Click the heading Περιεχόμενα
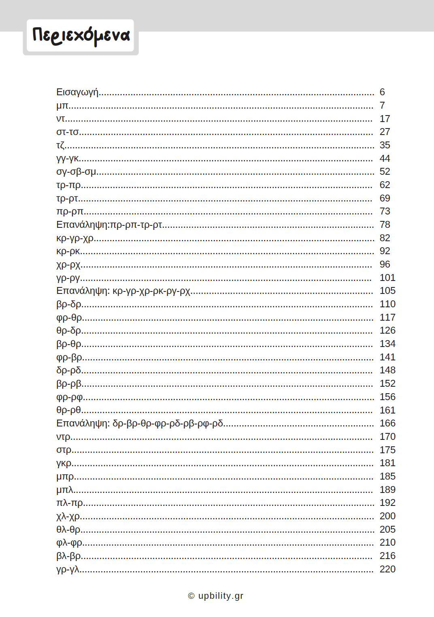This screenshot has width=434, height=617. point(81,36)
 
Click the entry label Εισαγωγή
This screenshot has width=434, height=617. point(77,92)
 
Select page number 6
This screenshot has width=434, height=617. point(382,92)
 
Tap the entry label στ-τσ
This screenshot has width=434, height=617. point(67,132)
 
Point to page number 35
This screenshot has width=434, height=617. point(385,145)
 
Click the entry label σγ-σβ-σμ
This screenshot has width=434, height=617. point(76,172)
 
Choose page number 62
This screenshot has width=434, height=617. point(385,185)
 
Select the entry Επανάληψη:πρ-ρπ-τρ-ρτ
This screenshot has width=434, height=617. point(109,225)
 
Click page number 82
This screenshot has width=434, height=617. point(385,238)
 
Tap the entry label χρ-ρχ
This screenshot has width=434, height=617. point(68,265)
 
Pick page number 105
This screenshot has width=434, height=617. point(387,291)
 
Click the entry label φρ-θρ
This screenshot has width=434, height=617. point(69,317)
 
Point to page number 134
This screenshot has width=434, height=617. point(387,344)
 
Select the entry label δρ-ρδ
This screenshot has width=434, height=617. point(69,370)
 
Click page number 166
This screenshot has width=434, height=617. point(387,423)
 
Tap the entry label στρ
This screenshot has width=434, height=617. point(64,450)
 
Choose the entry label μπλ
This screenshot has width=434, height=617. point(65,490)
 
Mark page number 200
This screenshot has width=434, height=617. point(387,516)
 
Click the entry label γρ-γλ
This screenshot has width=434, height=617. point(68,569)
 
